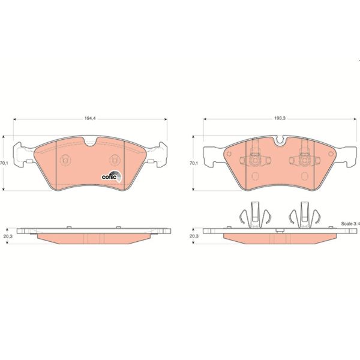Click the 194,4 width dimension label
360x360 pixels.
(89, 118)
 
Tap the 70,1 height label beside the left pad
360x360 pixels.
(4, 163)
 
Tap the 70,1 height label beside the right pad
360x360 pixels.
(193, 163)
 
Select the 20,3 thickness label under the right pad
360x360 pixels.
(193, 236)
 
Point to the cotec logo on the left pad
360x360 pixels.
(111, 176)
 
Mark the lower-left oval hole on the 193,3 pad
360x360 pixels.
(254, 176)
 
